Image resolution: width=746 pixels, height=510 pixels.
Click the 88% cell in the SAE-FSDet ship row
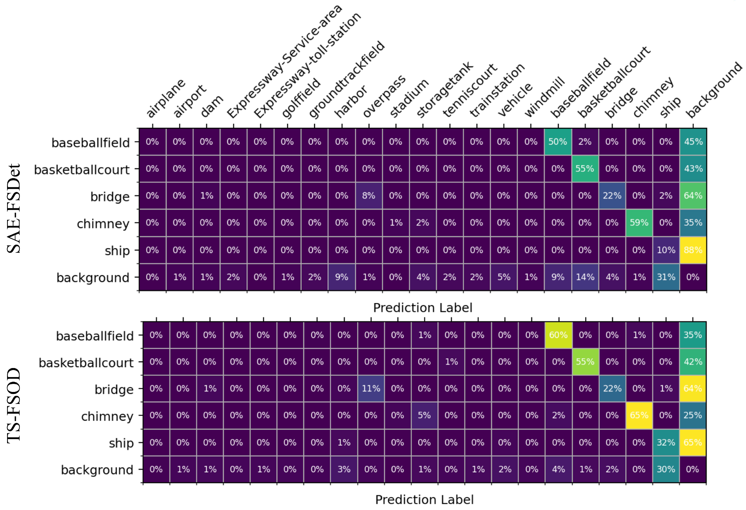(x=693, y=250)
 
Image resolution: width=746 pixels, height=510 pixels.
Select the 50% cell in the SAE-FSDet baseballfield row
(x=558, y=142)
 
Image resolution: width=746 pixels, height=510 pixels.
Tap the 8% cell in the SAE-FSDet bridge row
(x=369, y=196)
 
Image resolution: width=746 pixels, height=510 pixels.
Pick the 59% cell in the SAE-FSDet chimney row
(x=639, y=223)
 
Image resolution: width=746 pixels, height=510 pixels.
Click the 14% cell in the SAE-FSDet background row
(x=585, y=277)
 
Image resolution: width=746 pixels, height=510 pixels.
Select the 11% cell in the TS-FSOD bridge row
(x=371, y=389)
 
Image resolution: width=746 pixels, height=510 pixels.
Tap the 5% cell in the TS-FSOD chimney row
(x=424, y=415)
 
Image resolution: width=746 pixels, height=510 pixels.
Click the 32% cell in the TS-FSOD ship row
(x=666, y=443)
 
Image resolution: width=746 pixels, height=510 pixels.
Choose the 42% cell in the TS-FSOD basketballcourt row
(x=693, y=362)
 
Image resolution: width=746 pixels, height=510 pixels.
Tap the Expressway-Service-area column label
(x=284, y=61)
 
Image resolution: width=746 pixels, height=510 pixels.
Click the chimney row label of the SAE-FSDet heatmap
(x=103, y=224)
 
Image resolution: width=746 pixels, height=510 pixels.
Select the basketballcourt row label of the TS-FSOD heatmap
(x=86, y=363)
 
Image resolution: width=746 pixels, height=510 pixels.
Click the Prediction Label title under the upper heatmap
(x=423, y=308)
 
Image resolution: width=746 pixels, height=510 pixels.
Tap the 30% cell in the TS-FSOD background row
(x=666, y=470)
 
